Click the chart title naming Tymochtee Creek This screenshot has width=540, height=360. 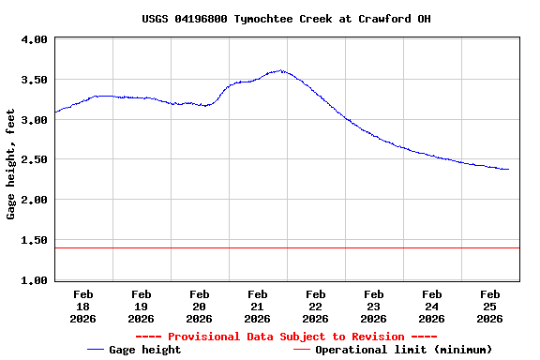click(x=286, y=19)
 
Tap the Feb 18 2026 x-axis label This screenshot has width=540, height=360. click(x=82, y=307)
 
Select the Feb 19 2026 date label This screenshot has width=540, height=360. click(x=141, y=307)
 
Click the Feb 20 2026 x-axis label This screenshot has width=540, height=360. click(x=199, y=307)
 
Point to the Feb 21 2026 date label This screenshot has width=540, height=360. click(x=257, y=307)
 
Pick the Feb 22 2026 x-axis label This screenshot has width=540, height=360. click(x=315, y=307)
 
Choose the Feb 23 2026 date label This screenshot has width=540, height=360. click(x=373, y=307)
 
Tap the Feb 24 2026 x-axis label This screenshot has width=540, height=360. click(x=431, y=307)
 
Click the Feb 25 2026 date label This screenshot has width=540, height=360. click(x=489, y=307)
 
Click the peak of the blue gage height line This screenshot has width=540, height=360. click(x=279, y=70)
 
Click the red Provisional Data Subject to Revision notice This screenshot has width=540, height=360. click(x=286, y=337)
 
